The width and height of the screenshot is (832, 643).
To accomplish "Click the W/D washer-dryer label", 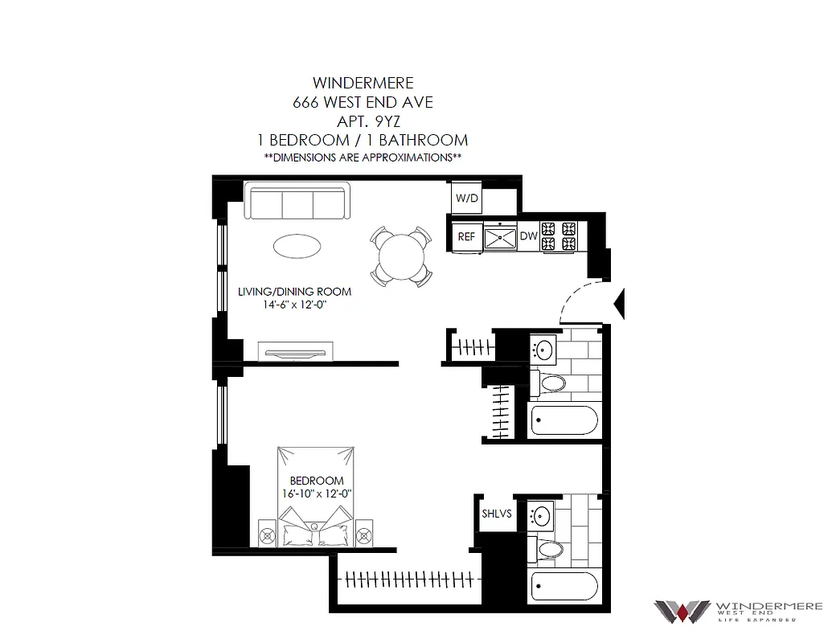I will [x=465, y=197].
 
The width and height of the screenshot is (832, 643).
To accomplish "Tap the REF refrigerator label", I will [x=466, y=236].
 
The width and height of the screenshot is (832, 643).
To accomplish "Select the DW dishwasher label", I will [x=528, y=236].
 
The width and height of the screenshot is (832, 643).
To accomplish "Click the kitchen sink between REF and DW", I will [x=500, y=236].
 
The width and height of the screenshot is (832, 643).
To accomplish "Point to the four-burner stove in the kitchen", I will [x=560, y=235].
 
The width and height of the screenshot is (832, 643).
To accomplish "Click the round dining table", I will [x=400, y=256].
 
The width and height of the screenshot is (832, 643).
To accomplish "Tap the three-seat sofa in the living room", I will [x=297, y=202].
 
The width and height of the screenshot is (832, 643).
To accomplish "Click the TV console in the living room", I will [x=295, y=351].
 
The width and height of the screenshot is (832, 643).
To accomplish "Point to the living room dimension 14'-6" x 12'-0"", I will [x=294, y=305].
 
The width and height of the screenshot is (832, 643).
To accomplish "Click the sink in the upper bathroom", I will [x=544, y=349].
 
